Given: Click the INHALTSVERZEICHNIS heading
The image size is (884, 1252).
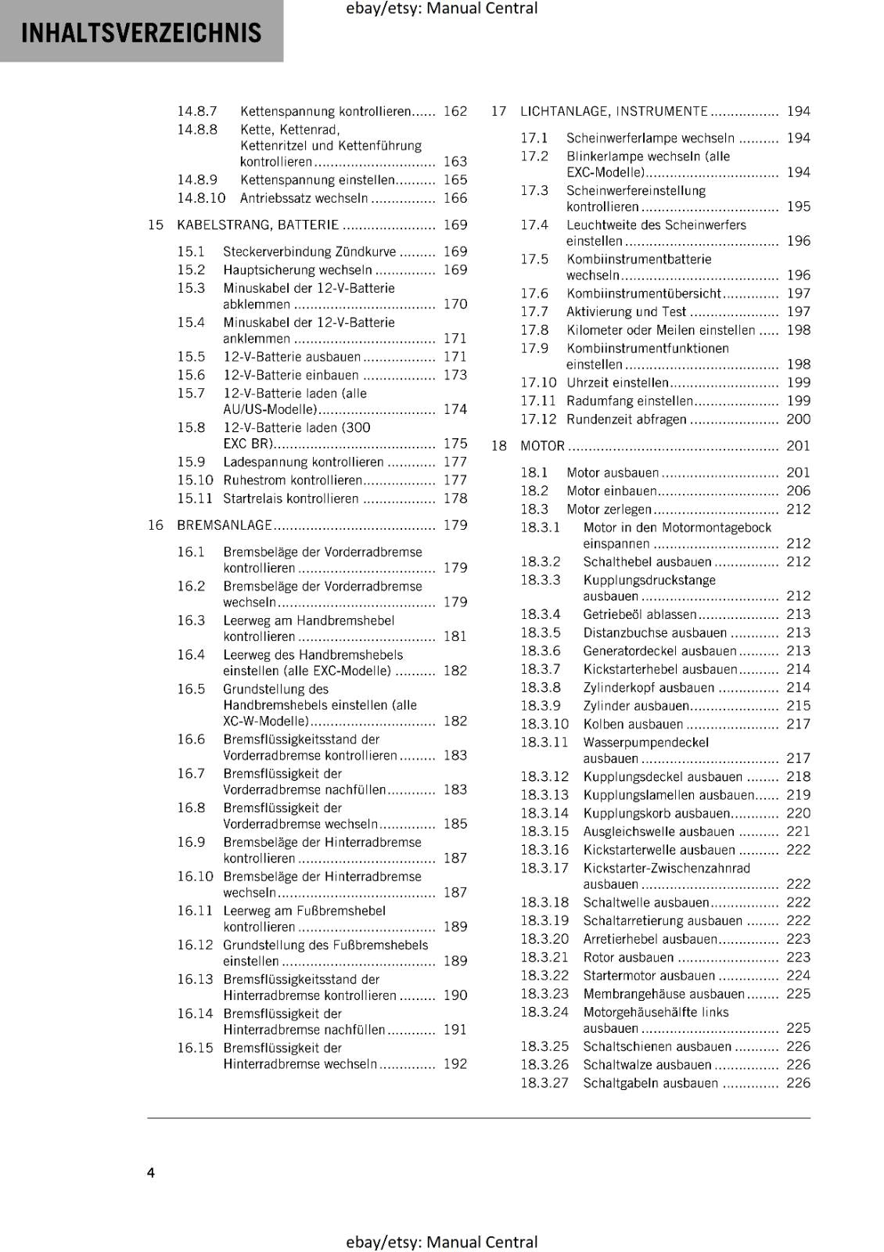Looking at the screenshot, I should (x=141, y=33).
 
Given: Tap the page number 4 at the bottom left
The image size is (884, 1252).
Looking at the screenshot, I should (x=151, y=1172).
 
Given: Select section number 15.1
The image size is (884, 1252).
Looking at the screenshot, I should (x=190, y=251).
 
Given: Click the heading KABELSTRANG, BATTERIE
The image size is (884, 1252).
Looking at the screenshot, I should (x=257, y=225).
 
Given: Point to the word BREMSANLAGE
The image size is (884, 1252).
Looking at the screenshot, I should (x=225, y=525).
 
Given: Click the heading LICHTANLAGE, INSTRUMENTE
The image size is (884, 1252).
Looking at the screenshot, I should (x=613, y=111).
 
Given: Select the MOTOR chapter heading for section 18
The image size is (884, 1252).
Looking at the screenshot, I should (x=542, y=446).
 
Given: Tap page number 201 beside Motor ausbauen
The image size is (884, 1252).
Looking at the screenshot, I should (x=798, y=473).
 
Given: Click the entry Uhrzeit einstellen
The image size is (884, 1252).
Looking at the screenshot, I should (x=617, y=383).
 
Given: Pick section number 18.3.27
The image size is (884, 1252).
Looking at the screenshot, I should (x=544, y=1083).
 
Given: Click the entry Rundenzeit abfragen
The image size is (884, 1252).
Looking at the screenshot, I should (x=626, y=419).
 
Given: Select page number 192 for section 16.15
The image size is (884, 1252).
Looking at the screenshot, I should (x=455, y=1064).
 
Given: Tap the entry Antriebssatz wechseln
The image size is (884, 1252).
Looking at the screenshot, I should (x=304, y=198).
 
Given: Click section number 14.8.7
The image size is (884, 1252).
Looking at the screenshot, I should (x=196, y=111).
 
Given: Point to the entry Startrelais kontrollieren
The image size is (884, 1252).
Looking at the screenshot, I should (x=290, y=498).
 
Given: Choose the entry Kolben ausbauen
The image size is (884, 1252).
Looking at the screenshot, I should (x=633, y=724).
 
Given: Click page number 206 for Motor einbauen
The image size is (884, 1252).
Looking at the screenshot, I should (x=798, y=491).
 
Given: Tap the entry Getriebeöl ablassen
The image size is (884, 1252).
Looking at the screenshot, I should (x=639, y=614).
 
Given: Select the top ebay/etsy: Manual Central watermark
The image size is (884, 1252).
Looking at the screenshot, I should (x=441, y=9).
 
